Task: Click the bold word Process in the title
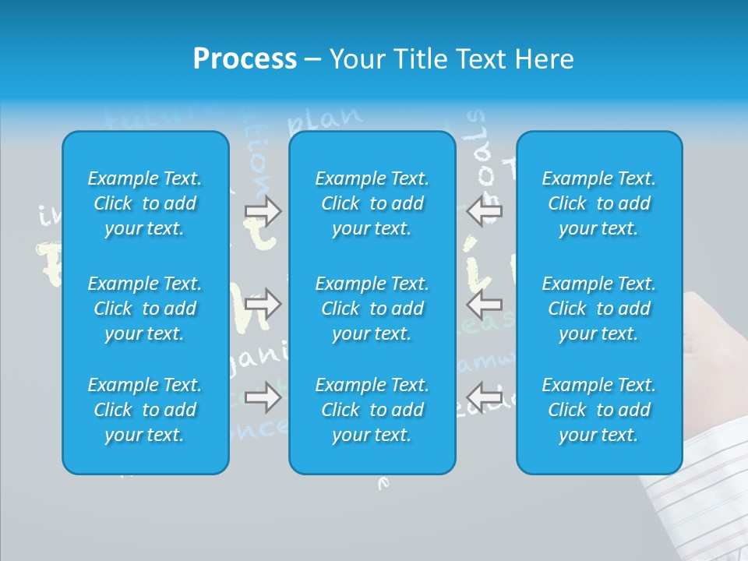click(x=245, y=59)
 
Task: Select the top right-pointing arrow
click(x=263, y=210)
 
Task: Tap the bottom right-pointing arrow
click(x=263, y=397)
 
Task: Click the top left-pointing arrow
click(x=484, y=210)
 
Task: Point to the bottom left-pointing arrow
click(x=484, y=397)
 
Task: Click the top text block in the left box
click(x=145, y=203)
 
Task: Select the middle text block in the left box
click(x=145, y=309)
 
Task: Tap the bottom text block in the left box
click(x=145, y=410)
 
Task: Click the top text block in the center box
click(x=372, y=203)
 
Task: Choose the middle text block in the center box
click(x=372, y=309)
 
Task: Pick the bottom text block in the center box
click(x=372, y=410)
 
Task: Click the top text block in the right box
click(x=598, y=203)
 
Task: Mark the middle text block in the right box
click(x=598, y=309)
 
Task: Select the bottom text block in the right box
click(x=598, y=410)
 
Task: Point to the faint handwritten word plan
click(x=324, y=118)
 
